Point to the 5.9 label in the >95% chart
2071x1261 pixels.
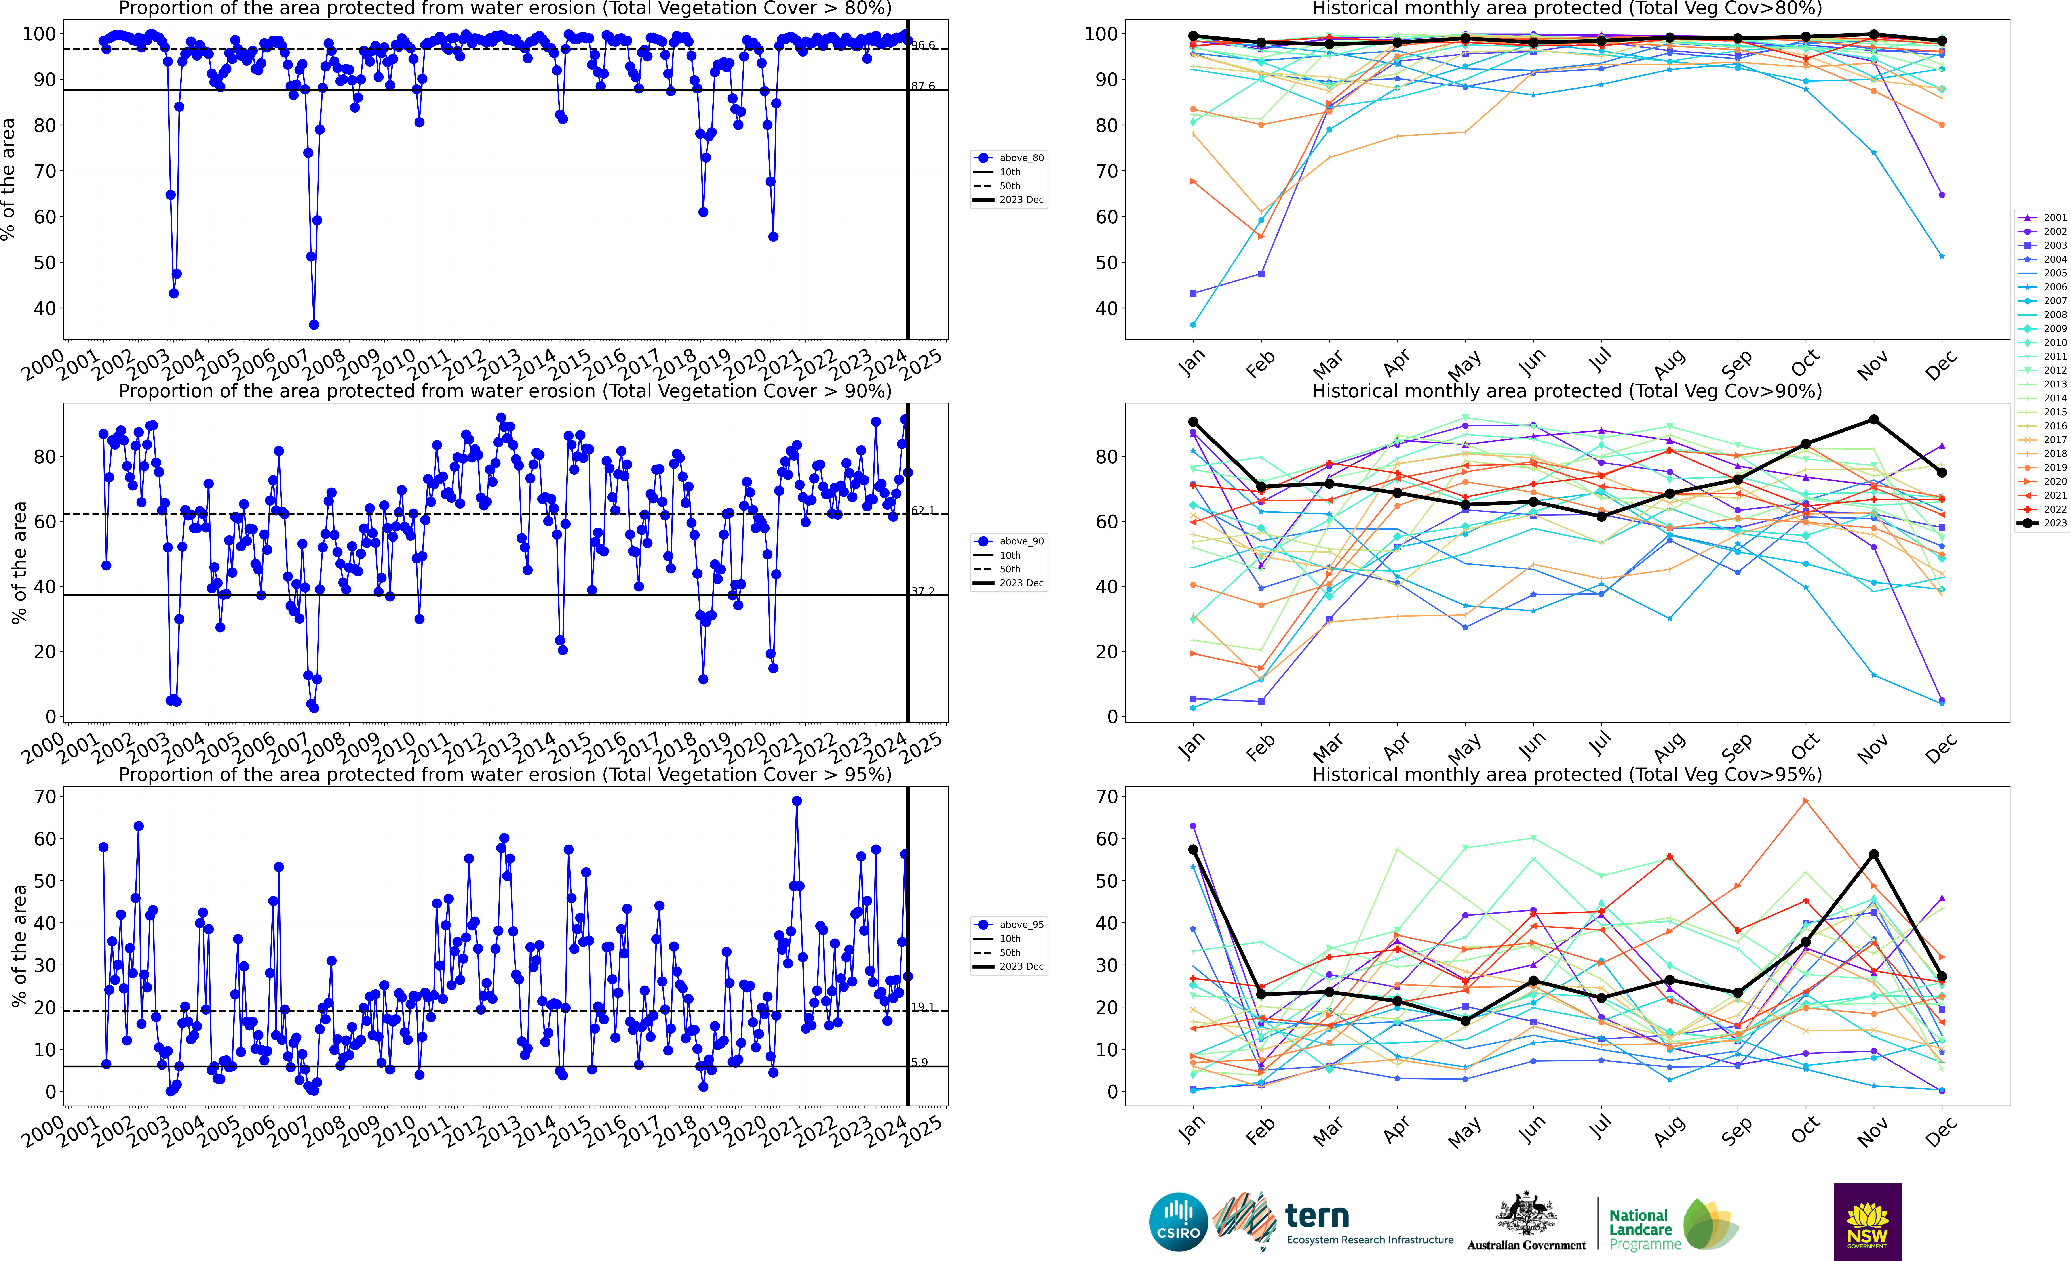(920, 1063)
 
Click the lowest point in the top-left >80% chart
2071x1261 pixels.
(314, 324)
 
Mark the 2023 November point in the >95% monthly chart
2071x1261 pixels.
(1873, 854)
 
